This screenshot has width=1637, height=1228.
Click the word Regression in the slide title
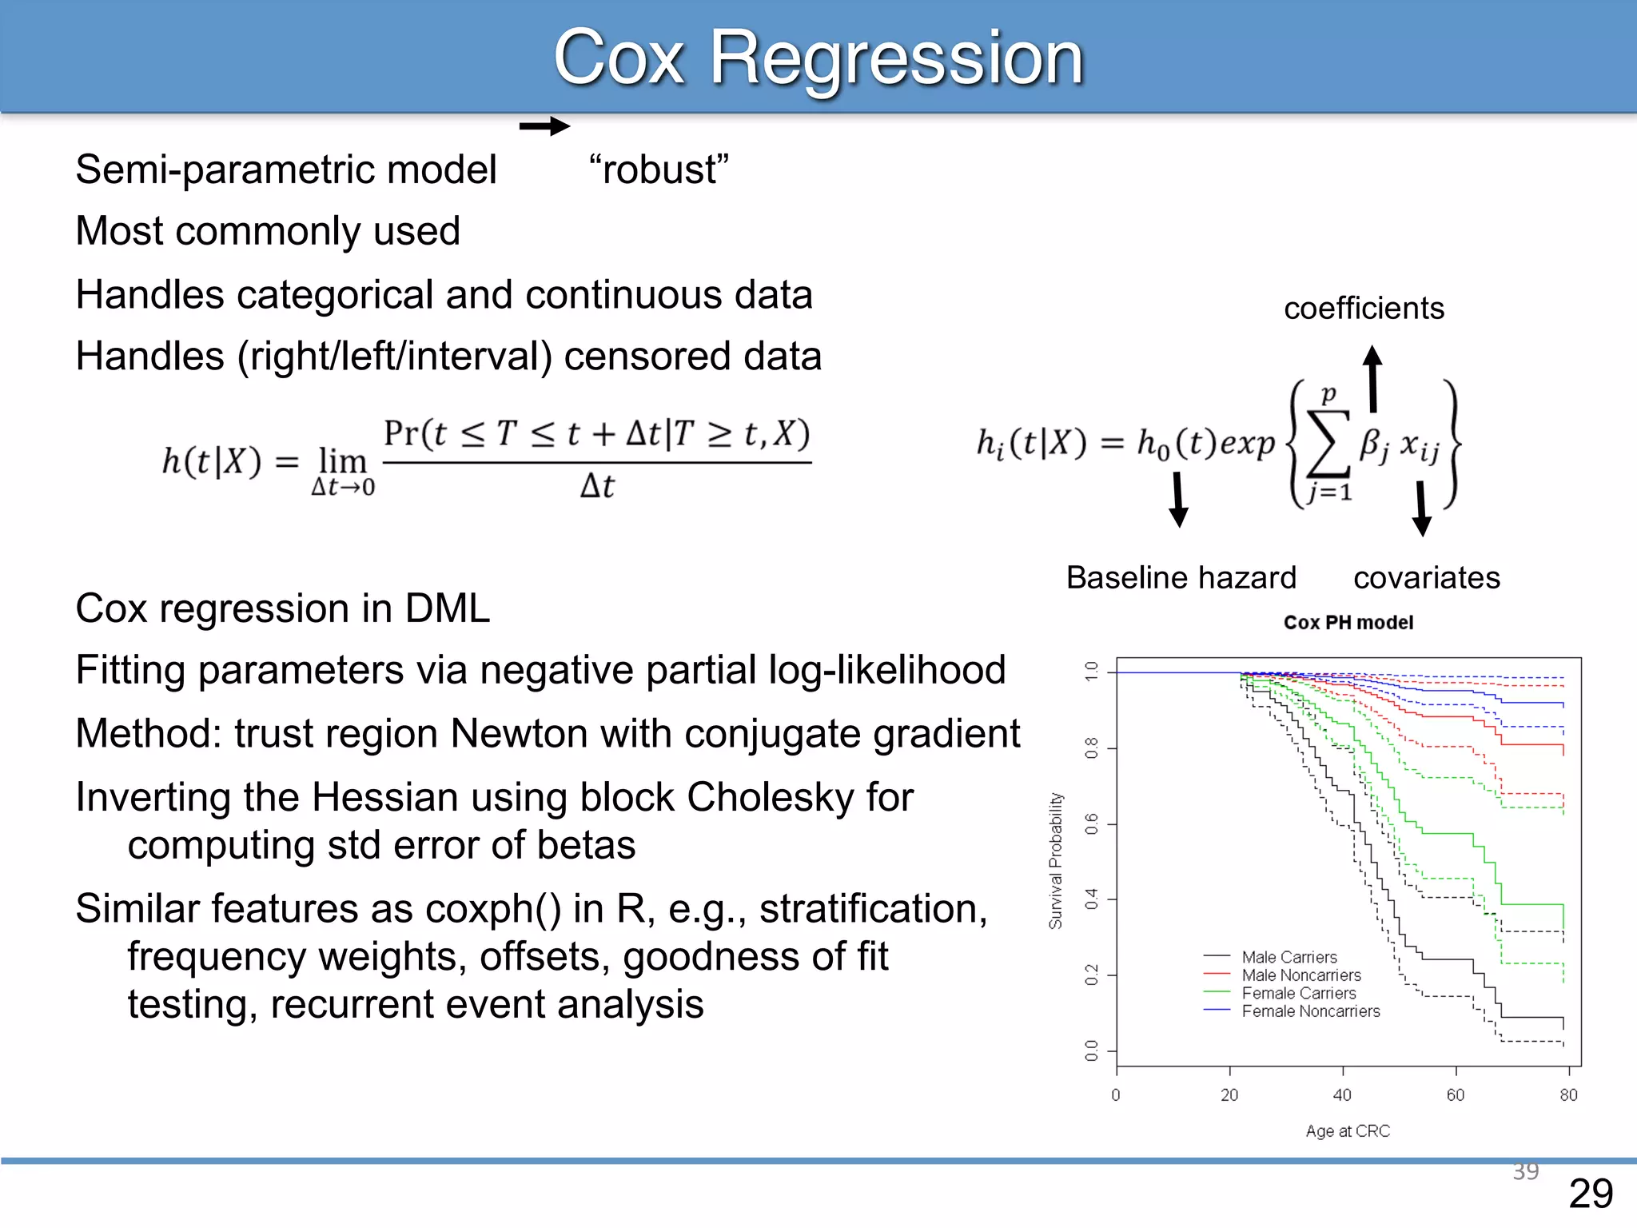[x=895, y=58]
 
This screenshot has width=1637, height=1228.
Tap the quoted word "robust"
[x=659, y=169]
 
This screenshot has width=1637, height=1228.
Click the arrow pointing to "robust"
[x=544, y=126]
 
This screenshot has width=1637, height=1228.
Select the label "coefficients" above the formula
[x=1364, y=309]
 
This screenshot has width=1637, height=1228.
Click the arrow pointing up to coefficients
[x=1372, y=378]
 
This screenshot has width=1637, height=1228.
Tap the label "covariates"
[x=1426, y=577]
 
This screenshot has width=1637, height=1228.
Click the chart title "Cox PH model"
[x=1348, y=623]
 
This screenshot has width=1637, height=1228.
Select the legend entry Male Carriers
[x=1288, y=957]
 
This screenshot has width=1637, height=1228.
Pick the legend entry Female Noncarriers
[x=1310, y=1011]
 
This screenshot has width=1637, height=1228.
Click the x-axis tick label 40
[x=1342, y=1095]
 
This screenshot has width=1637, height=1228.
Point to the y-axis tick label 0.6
[x=1092, y=824]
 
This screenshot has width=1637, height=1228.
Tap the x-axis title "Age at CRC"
[x=1348, y=1131]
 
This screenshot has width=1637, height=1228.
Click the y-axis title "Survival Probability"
[x=1056, y=861]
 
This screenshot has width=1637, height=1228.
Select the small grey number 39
[x=1525, y=1171]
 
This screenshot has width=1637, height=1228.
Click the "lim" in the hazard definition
[x=342, y=461]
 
